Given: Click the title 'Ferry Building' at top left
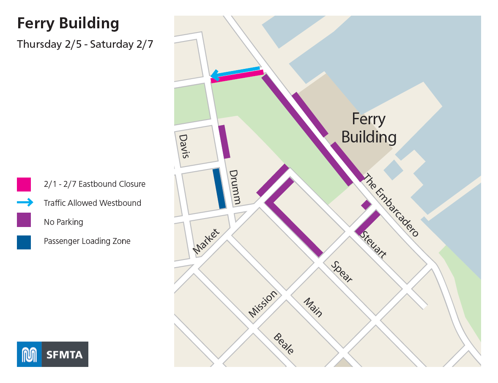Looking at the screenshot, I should click(68, 24).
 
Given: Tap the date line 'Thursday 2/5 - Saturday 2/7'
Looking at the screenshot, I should click(85, 44).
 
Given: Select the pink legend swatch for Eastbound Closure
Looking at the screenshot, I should click(24, 184).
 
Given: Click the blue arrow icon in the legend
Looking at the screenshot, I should click(25, 203).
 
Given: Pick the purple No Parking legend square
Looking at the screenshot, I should click(24, 220).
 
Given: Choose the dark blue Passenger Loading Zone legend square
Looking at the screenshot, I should click(24, 242).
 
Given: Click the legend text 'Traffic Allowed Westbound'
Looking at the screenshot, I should click(92, 203).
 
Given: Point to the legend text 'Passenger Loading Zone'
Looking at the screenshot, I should click(87, 241).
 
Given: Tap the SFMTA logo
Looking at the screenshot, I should click(52, 354).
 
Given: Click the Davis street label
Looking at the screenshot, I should click(184, 146).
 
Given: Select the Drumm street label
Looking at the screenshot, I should click(235, 187).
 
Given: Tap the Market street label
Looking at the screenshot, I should click(206, 241).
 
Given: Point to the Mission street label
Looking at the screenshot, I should click(263, 304).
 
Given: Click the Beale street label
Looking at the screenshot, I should click(284, 344).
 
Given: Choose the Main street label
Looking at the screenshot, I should click(313, 308).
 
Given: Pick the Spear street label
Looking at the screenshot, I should click(342, 271).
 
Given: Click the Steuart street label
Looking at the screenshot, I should click(372, 244).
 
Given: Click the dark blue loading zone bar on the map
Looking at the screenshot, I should click(219, 189).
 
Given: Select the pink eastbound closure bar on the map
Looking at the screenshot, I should click(237, 77).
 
